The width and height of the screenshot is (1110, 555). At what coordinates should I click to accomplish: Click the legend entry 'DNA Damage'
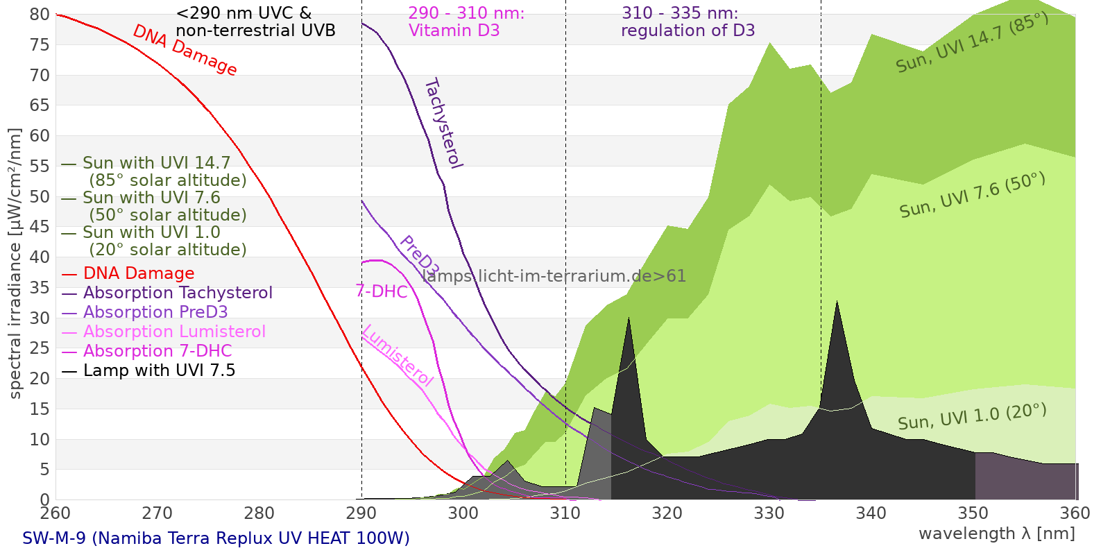(x=139, y=273)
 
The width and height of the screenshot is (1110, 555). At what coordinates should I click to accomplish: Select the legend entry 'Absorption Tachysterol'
(x=178, y=293)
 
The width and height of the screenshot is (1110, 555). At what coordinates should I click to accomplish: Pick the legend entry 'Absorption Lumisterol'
(x=174, y=332)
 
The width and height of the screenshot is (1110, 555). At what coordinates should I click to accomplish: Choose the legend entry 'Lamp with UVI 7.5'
(x=159, y=370)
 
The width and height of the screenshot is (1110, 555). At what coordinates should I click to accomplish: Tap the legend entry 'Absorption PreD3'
(x=155, y=312)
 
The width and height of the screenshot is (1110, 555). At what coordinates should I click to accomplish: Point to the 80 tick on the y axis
(x=40, y=15)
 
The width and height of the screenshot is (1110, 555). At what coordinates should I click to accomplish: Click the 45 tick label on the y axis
(x=40, y=227)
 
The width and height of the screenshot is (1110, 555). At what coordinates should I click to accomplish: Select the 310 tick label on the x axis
(x=565, y=513)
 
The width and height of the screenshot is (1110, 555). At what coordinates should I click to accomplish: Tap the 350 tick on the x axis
(x=973, y=513)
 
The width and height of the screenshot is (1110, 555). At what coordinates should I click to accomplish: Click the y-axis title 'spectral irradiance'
(x=15, y=264)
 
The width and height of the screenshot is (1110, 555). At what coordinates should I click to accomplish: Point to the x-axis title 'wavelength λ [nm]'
(x=996, y=533)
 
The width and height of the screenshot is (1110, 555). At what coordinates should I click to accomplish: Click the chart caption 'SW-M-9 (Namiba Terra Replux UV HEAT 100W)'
(x=216, y=538)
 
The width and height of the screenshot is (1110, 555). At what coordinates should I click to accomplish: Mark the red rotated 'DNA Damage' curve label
(x=185, y=50)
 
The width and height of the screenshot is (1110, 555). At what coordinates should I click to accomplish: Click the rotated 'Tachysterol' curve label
(x=443, y=123)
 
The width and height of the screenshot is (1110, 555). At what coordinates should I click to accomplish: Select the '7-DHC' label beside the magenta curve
(x=382, y=291)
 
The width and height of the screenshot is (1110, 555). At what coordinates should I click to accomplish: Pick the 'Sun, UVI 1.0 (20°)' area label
(x=972, y=417)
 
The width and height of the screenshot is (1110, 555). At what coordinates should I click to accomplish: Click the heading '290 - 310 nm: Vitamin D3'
(x=466, y=22)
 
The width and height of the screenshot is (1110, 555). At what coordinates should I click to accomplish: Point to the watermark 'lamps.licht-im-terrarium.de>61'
(x=554, y=276)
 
